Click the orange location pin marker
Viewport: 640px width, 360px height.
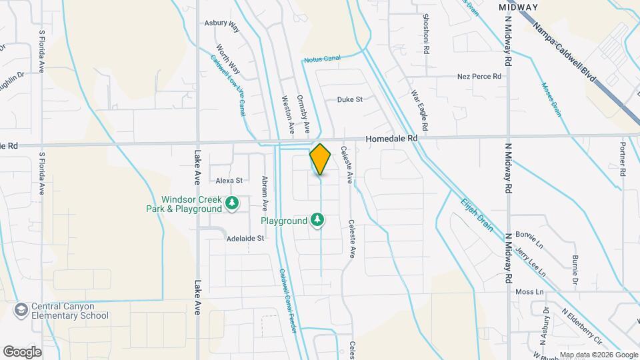click(x=320, y=159)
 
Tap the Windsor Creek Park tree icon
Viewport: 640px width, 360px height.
click(x=232, y=203)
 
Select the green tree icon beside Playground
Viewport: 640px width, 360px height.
click(x=319, y=220)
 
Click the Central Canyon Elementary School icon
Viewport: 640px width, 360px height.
click(x=21, y=311)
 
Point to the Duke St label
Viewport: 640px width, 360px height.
click(x=349, y=99)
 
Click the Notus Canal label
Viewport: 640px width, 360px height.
click(x=322, y=59)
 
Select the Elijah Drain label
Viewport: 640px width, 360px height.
click(x=477, y=214)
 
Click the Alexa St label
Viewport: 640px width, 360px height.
click(x=229, y=180)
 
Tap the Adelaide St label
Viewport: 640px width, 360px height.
click(x=245, y=238)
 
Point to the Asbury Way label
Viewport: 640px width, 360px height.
click(x=221, y=25)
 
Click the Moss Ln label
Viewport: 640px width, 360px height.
click(x=530, y=292)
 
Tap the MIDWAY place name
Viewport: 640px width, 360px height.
click(x=518, y=7)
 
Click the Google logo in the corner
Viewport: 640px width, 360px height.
click(x=22, y=351)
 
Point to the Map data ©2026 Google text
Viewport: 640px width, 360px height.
click(x=599, y=355)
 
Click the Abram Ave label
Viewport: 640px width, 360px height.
click(x=265, y=196)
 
